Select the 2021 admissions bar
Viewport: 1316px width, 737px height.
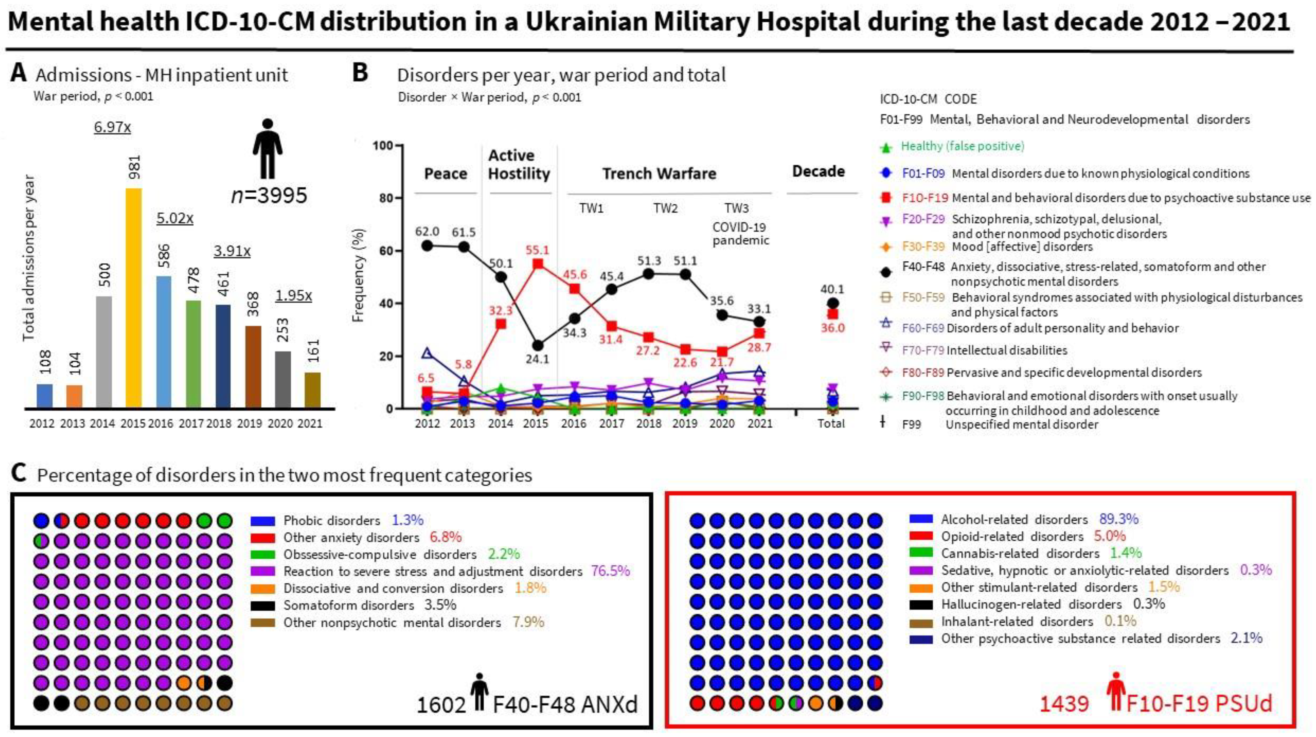tap(313, 391)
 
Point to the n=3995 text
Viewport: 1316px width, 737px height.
tap(269, 195)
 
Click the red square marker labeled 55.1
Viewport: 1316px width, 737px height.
tap(538, 264)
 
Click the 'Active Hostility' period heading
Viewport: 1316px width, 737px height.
tap(519, 164)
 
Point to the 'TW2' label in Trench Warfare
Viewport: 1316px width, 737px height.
tap(665, 208)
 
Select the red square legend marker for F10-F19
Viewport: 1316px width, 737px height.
tap(886, 198)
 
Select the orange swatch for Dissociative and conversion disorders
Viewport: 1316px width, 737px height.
tap(263, 588)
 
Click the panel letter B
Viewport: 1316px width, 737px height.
tap(360, 73)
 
